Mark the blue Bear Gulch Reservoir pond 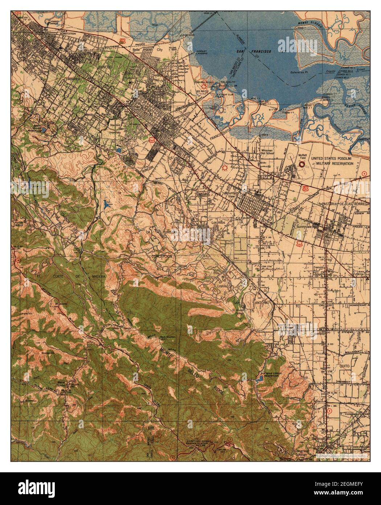pyautogui.click(x=43, y=129)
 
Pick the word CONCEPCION pyautogui.click(x=162, y=256)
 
